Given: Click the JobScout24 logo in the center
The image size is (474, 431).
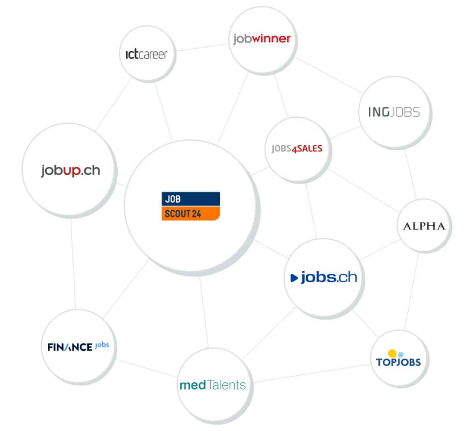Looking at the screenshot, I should (190, 206).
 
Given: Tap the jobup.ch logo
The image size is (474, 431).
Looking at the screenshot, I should (70, 171).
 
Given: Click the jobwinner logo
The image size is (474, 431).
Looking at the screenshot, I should (262, 39).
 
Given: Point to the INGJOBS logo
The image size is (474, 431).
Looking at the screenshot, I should (394, 112).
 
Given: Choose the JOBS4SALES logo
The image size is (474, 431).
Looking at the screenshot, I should (296, 150).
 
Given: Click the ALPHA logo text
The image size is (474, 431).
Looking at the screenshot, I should (424, 226).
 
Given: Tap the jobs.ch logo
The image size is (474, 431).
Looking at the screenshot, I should (324, 278).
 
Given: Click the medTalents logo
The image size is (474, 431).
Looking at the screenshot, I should (212, 384).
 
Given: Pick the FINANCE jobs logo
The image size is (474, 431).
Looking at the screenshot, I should (78, 347).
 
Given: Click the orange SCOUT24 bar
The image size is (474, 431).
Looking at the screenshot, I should (190, 213).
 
